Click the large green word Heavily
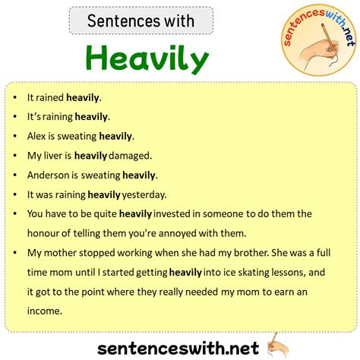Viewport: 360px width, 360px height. [x=147, y=59]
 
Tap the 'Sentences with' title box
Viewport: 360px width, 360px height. [x=141, y=21]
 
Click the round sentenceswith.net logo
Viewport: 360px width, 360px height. [x=319, y=40]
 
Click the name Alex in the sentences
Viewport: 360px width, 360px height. [x=36, y=136]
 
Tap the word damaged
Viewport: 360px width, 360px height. [x=130, y=156]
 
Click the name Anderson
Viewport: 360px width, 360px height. [x=48, y=175]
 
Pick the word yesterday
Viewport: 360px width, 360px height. [x=144, y=194]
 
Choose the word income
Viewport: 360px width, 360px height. [x=45, y=311]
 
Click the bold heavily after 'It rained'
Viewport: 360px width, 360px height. [x=84, y=97]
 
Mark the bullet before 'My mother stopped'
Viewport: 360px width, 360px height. [x=15, y=253]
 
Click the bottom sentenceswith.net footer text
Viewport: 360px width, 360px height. [x=178, y=348]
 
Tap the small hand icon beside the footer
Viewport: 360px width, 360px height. [x=278, y=346]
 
